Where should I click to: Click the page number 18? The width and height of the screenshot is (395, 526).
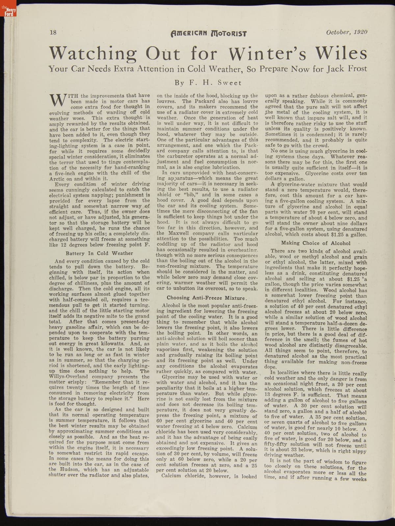(x=53, y=32)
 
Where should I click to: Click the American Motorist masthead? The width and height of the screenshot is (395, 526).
(x=209, y=33)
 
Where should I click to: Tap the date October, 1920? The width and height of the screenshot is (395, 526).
(x=347, y=32)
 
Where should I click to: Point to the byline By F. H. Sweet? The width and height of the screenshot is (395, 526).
(x=208, y=83)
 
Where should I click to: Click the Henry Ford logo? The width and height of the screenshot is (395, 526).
(x=8, y=12)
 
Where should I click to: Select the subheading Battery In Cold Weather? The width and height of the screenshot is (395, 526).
(x=99, y=253)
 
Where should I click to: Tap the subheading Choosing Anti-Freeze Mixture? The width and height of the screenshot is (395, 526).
(x=206, y=298)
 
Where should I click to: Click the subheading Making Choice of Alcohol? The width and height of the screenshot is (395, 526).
(x=316, y=243)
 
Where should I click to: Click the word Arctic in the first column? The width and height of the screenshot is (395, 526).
(x=57, y=179)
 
